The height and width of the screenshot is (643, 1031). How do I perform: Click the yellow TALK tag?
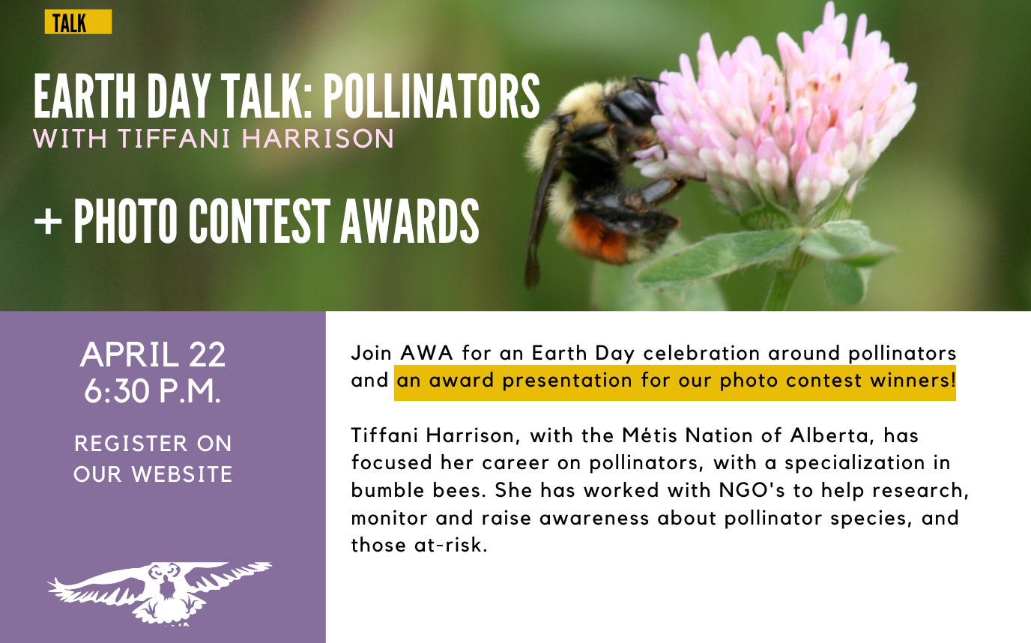click(x=78, y=22)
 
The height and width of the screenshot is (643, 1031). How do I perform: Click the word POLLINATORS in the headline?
click(x=431, y=96)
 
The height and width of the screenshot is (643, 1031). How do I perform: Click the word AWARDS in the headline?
click(x=410, y=220)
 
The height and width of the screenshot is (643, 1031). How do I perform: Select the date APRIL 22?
click(x=153, y=354)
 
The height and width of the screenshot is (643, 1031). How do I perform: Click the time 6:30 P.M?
click(x=153, y=391)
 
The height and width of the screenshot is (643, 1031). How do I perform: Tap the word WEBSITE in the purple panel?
click(x=182, y=474)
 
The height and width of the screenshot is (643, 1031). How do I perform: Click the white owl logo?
click(x=160, y=592)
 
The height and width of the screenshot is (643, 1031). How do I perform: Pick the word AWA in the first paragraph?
click(x=426, y=354)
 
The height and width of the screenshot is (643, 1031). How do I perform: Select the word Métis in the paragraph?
click(x=650, y=435)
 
